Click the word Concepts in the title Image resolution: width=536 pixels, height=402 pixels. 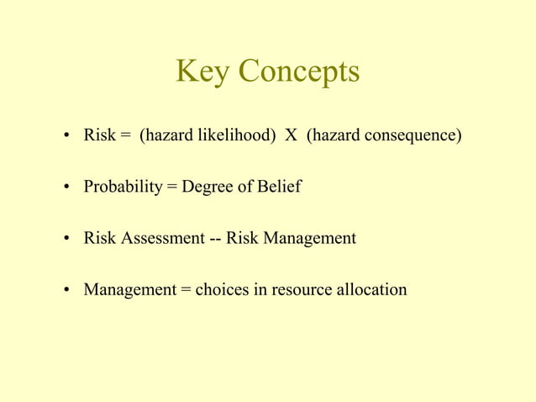(298, 74)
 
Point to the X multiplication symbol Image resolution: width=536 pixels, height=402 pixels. (291, 135)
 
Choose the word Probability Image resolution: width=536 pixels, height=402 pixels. (122, 187)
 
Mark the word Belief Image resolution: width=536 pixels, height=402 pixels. (279, 187)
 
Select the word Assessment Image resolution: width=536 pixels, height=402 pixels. (162, 238)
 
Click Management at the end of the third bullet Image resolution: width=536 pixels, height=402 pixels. (310, 238)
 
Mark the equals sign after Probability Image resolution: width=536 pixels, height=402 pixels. (171, 187)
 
